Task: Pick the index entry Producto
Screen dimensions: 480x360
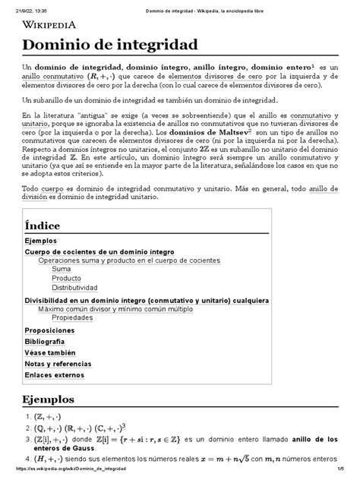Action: tap(66, 278)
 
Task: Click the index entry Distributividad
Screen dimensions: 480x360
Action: tap(74, 288)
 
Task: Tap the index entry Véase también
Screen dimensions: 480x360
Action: tap(50, 352)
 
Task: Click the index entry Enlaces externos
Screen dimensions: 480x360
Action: tap(55, 374)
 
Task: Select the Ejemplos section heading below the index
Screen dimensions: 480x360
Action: tap(48, 399)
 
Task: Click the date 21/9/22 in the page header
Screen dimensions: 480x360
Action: tap(18, 5)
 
